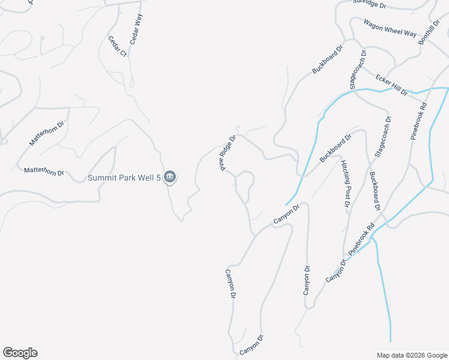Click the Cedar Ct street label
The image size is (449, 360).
pyautogui.click(x=117, y=47)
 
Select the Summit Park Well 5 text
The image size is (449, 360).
pyautogui.click(x=125, y=178)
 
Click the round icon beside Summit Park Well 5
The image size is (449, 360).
pyautogui.click(x=170, y=176)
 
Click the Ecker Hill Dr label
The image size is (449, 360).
pyautogui.click(x=391, y=85)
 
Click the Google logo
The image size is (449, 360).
pyautogui.click(x=20, y=353)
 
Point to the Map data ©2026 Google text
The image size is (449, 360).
pyautogui.click(x=411, y=355)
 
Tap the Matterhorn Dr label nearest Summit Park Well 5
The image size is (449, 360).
pyautogui.click(x=44, y=172)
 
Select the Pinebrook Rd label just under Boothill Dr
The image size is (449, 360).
pyautogui.click(x=419, y=121)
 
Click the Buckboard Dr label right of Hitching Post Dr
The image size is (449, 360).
pyautogui.click(x=376, y=191)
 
